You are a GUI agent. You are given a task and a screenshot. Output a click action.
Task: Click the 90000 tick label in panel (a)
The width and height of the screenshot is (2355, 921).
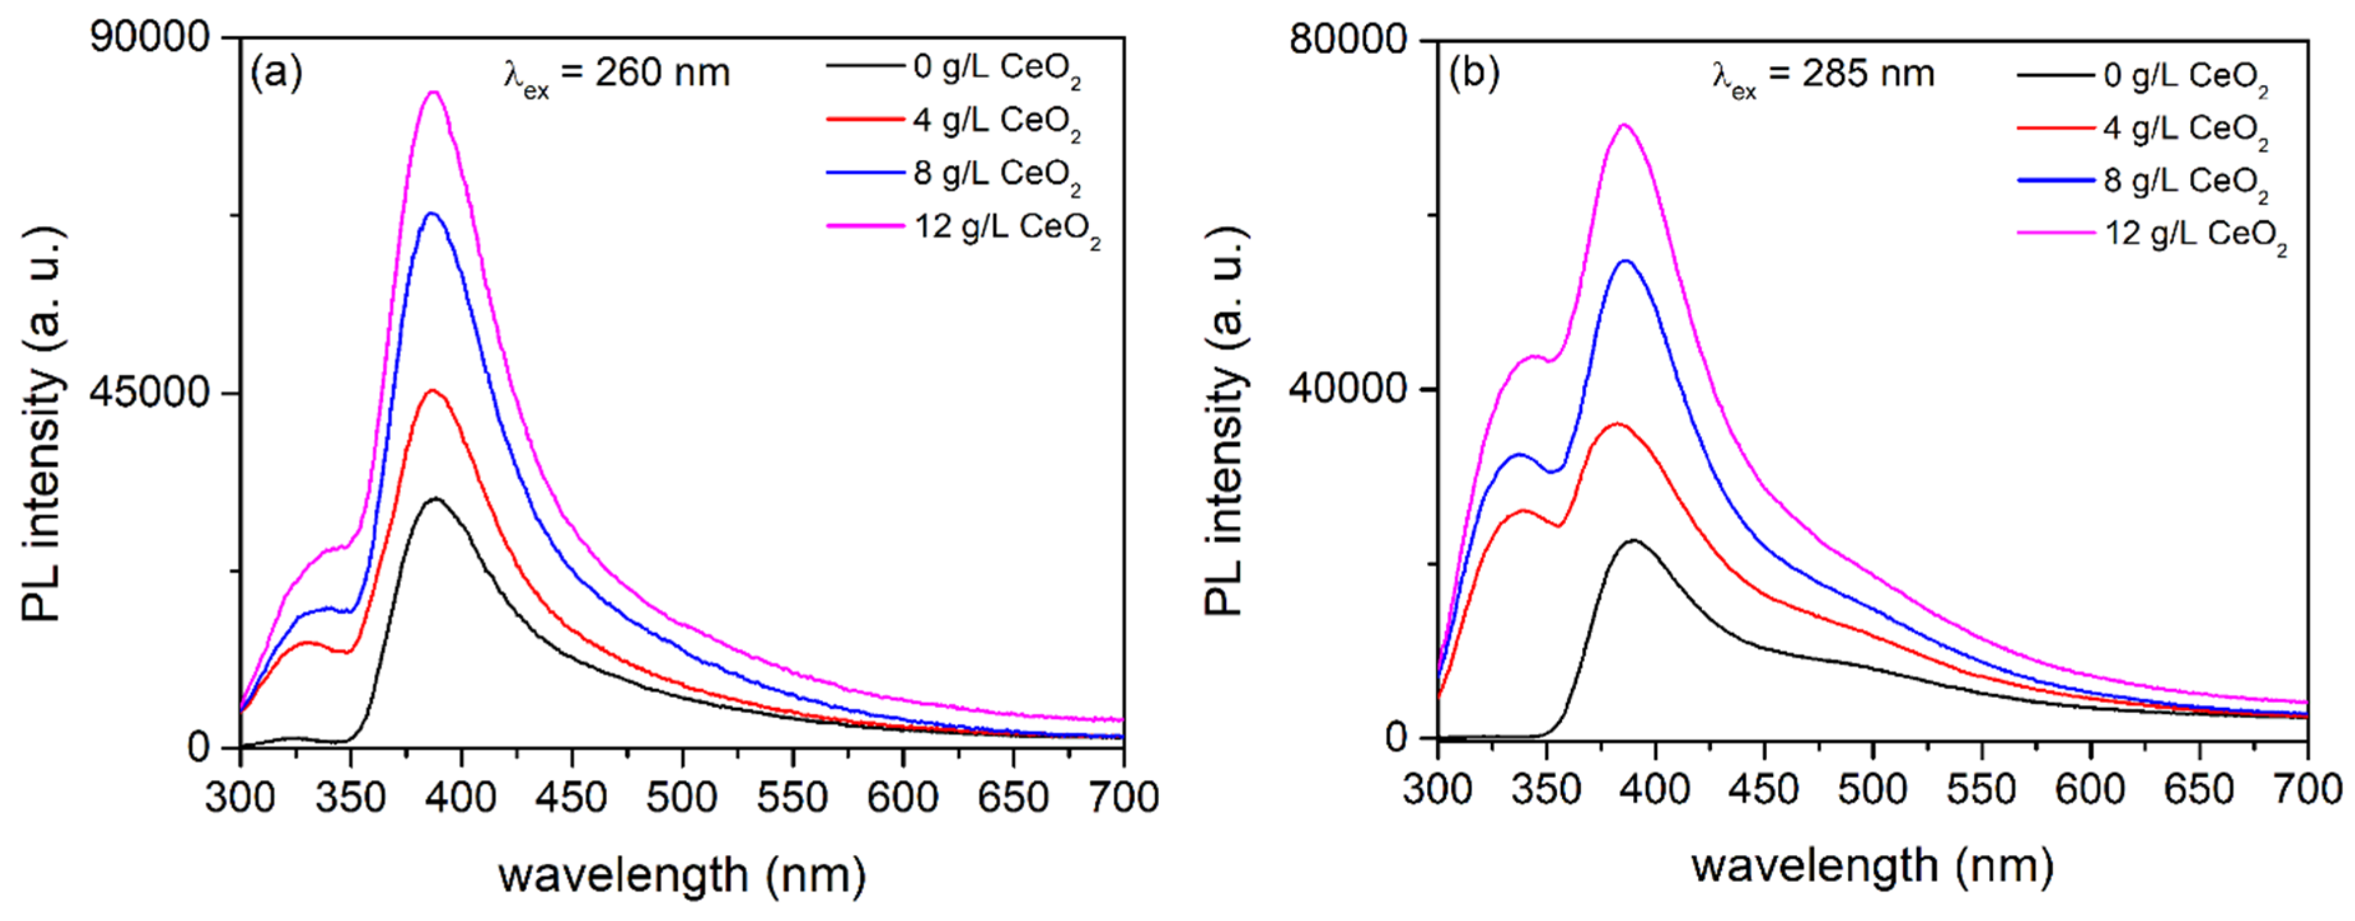(151, 38)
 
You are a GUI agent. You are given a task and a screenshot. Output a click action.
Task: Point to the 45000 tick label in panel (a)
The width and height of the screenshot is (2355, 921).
(151, 392)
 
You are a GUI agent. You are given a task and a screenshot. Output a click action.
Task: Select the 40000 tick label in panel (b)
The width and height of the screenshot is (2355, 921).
(1349, 388)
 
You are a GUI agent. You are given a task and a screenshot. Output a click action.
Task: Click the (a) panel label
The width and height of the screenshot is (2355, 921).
(276, 72)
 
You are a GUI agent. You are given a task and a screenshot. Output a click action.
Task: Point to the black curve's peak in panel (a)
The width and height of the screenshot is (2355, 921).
(436, 499)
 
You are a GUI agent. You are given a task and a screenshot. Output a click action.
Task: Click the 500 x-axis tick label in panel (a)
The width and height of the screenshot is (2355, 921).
(682, 797)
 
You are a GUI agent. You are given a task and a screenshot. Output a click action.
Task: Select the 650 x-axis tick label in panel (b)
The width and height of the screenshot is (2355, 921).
(2199, 789)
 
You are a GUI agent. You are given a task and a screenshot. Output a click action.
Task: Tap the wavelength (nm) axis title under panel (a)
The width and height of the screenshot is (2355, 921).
(682, 875)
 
